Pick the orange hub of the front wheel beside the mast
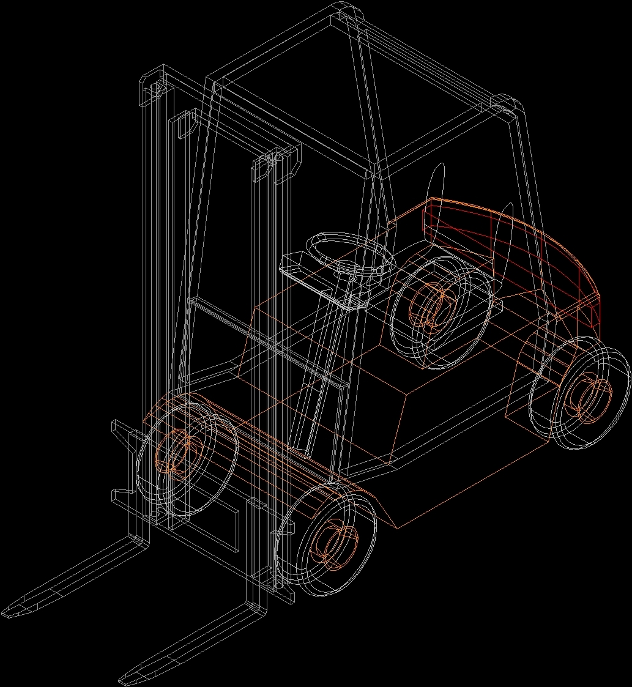pos(176,451)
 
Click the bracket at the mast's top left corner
pos(153,83)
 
